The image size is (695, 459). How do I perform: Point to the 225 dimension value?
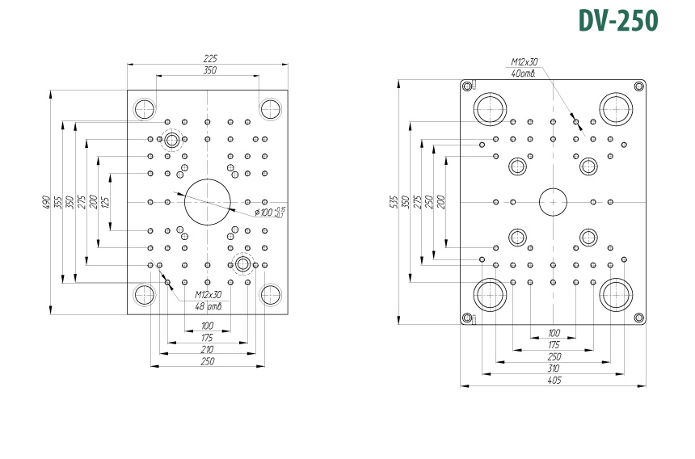[210, 59]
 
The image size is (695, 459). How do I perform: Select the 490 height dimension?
[46, 200]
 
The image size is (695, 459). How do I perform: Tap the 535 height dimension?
[394, 200]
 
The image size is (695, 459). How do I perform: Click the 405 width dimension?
[554, 380]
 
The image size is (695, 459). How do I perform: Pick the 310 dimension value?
[554, 368]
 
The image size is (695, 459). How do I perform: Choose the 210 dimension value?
[208, 349]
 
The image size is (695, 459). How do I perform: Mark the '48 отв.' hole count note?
[208, 306]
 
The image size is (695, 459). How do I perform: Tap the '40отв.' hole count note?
[524, 74]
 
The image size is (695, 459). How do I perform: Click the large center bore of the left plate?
[208, 200]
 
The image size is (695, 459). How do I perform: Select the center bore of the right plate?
[554, 200]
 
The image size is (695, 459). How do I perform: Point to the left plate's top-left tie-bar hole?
[146, 109]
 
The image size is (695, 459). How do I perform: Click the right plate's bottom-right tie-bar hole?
[617, 295]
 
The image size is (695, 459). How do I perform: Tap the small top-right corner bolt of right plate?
[638, 84]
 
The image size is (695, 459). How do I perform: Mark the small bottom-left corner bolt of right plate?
[467, 316]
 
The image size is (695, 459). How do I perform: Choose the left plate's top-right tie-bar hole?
[270, 108]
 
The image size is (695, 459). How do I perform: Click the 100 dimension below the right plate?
[554, 332]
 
